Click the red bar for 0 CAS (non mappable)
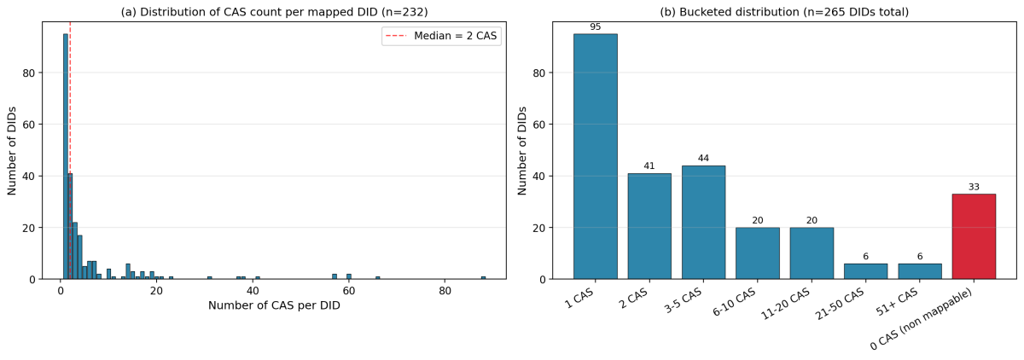[x=974, y=236]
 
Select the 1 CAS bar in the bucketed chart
[x=595, y=156]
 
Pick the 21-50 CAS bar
[x=865, y=270]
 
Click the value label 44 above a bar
[x=703, y=159]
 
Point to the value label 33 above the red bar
[x=974, y=187]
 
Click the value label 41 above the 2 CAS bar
[x=649, y=166]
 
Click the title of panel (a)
[x=274, y=12]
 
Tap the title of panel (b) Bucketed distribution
[x=784, y=12]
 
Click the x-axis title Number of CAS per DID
[x=274, y=305]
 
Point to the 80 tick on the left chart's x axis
[x=445, y=291]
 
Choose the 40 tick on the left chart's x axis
[x=253, y=291]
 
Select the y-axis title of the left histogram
[x=13, y=150]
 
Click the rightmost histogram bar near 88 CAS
[x=483, y=277]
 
